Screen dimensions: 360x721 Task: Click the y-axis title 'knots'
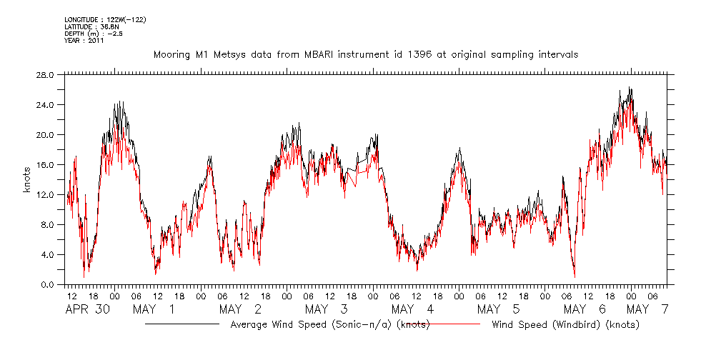(x=26, y=180)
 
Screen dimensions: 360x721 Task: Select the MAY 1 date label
(x=154, y=309)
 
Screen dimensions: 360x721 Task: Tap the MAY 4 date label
(x=413, y=309)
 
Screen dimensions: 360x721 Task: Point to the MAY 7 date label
(x=647, y=309)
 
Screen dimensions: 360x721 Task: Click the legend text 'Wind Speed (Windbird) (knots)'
(x=565, y=325)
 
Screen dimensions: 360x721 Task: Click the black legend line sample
(x=182, y=324)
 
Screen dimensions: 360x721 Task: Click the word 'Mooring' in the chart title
(x=172, y=54)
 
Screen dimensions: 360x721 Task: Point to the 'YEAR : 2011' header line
(x=84, y=41)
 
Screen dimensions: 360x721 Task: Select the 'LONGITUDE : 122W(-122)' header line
(x=105, y=19)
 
